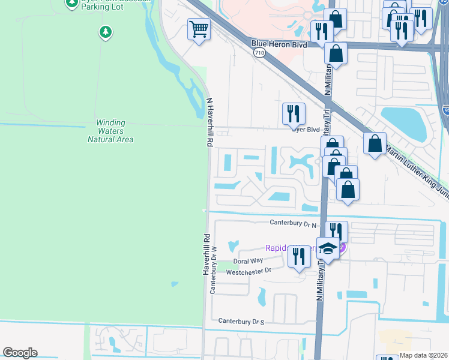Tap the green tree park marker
point(106,31)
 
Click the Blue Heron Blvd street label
point(279,45)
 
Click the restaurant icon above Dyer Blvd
point(294,112)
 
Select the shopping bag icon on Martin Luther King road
point(375,143)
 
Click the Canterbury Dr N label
point(293,224)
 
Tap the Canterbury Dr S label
point(242,322)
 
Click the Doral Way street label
point(248,261)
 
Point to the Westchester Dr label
point(249,271)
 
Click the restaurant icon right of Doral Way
point(298,256)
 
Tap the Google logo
point(20,353)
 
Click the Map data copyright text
point(423,355)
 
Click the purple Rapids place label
point(286,247)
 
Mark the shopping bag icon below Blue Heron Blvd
point(336,53)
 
